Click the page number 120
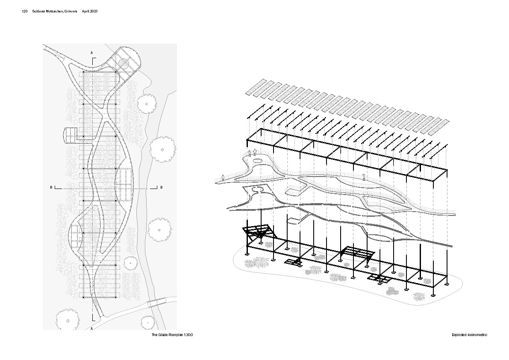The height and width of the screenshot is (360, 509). point(24,11)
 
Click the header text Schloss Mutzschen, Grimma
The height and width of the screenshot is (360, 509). point(55,11)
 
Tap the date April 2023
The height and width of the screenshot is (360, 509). point(90,11)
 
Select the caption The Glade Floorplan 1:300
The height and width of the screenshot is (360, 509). point(172,335)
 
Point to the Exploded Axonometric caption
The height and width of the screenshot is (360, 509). point(469,335)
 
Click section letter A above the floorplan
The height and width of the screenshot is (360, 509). point(92,52)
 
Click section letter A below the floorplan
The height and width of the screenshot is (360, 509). point(92,328)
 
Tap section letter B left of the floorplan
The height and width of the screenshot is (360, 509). point(51,187)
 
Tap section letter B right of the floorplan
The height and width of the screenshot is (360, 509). point(161,187)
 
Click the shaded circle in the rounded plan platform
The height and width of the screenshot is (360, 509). point(124,64)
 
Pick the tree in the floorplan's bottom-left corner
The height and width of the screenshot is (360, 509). point(67,319)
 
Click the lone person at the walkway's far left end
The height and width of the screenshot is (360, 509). point(223,177)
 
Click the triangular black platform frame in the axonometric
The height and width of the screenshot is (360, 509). point(257,232)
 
